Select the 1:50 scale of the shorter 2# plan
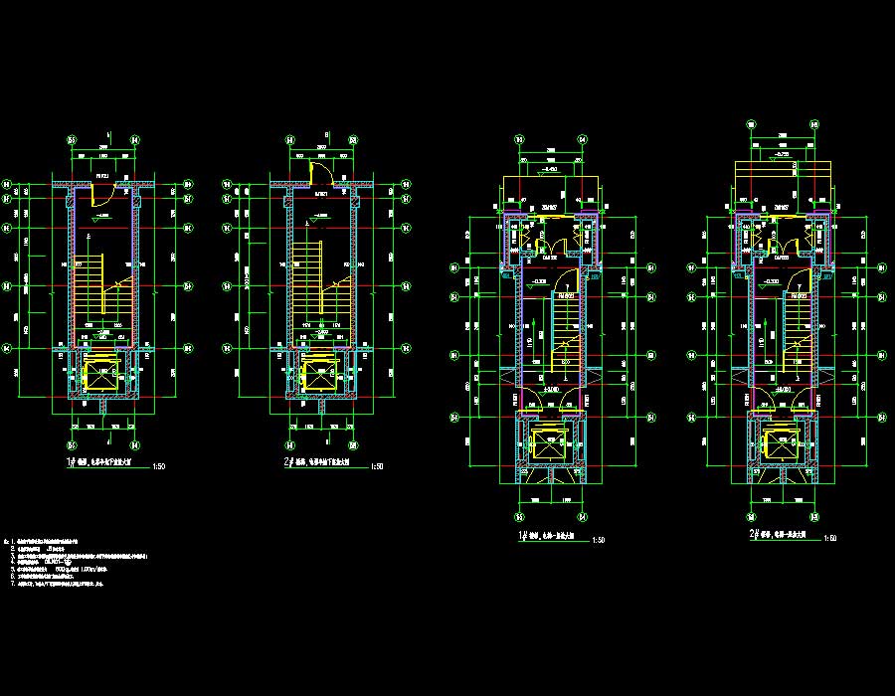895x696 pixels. (x=376, y=465)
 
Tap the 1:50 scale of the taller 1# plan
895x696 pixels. (x=598, y=540)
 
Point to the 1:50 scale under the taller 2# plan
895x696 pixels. (x=831, y=538)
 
